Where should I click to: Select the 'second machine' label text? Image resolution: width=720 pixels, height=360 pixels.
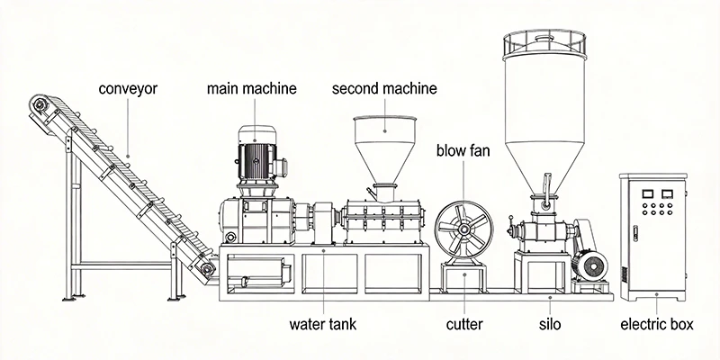click(384, 89)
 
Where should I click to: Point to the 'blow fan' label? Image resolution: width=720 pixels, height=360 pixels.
click(463, 149)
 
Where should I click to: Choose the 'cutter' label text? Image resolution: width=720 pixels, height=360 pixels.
click(464, 323)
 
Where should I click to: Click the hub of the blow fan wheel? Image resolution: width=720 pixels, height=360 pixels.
click(464, 229)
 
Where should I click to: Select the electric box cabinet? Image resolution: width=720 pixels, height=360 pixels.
click(654, 238)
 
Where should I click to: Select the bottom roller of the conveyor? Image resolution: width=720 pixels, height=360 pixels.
click(208, 267)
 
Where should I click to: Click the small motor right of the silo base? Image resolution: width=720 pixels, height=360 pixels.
click(591, 265)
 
